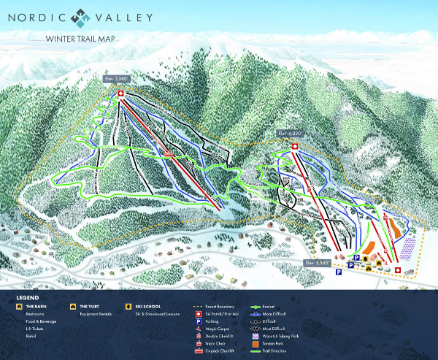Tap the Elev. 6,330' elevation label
[291, 134]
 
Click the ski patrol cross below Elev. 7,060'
[120, 93]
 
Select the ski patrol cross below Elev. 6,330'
[295, 146]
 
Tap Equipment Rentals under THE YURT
[96, 315]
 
